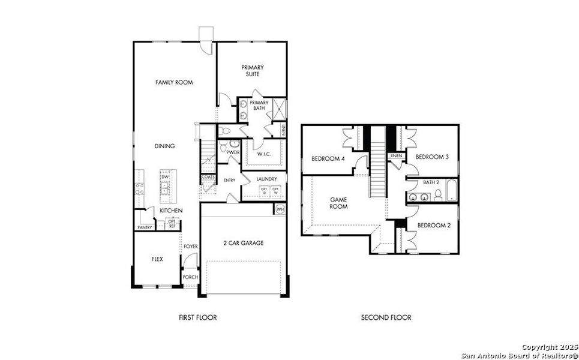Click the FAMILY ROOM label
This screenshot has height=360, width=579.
coord(174,82)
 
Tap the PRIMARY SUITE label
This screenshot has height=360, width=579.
coord(253,71)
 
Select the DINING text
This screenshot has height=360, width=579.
coord(164,146)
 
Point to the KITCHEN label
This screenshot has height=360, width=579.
coord(171,211)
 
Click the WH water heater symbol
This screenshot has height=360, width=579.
coord(280,209)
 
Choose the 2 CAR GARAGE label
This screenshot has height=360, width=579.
coord(243,243)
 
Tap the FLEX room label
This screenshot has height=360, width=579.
coord(157,259)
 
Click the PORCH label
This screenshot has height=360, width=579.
coord(190,277)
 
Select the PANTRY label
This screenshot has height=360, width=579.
coord(145,227)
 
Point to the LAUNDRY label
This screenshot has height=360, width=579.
coord(266,179)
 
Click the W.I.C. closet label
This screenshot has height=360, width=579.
coord(265,154)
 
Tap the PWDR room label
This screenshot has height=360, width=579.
coord(233,152)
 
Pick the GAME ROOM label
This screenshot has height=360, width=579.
coord(340,203)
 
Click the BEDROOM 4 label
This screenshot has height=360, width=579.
coord(328,158)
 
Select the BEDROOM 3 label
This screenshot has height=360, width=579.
coord(433,157)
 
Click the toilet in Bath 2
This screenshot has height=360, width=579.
coord(439,195)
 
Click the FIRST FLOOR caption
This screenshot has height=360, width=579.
coord(197,317)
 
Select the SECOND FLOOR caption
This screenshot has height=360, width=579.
coord(386,317)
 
